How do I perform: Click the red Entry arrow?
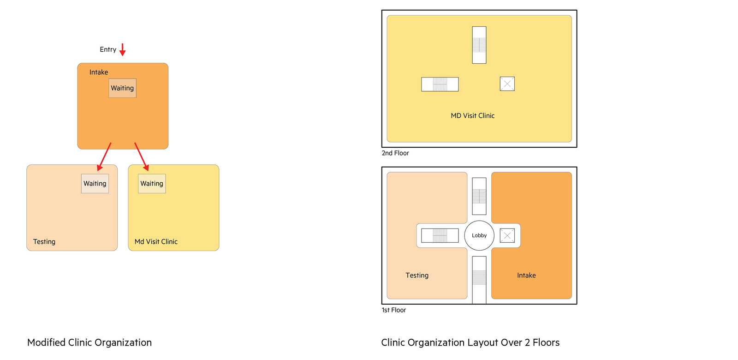pos(123,49)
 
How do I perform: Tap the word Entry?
pos(108,49)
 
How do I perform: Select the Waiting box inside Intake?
pos(123,88)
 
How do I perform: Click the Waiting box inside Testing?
pos(95,184)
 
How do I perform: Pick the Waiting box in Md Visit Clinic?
pos(152,184)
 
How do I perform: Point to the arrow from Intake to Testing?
pos(104,156)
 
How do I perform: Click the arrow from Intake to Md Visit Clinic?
pos(142,156)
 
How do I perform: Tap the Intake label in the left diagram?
pos(99,72)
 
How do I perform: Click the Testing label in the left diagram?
pos(44,242)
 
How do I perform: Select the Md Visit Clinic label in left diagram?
pos(156,242)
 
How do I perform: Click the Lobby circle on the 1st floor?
pos(479,235)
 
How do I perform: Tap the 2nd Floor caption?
pos(395,153)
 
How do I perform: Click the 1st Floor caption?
pos(394,310)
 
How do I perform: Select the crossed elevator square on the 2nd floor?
pos(507,84)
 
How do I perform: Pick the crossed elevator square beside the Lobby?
pos(507,235)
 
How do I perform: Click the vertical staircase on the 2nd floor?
pos(479,45)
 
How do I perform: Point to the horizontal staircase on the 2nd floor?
pos(440,84)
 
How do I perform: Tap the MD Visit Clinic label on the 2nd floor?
pos(473,116)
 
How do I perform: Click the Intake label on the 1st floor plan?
pos(526,275)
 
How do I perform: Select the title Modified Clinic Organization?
pos(89,342)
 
